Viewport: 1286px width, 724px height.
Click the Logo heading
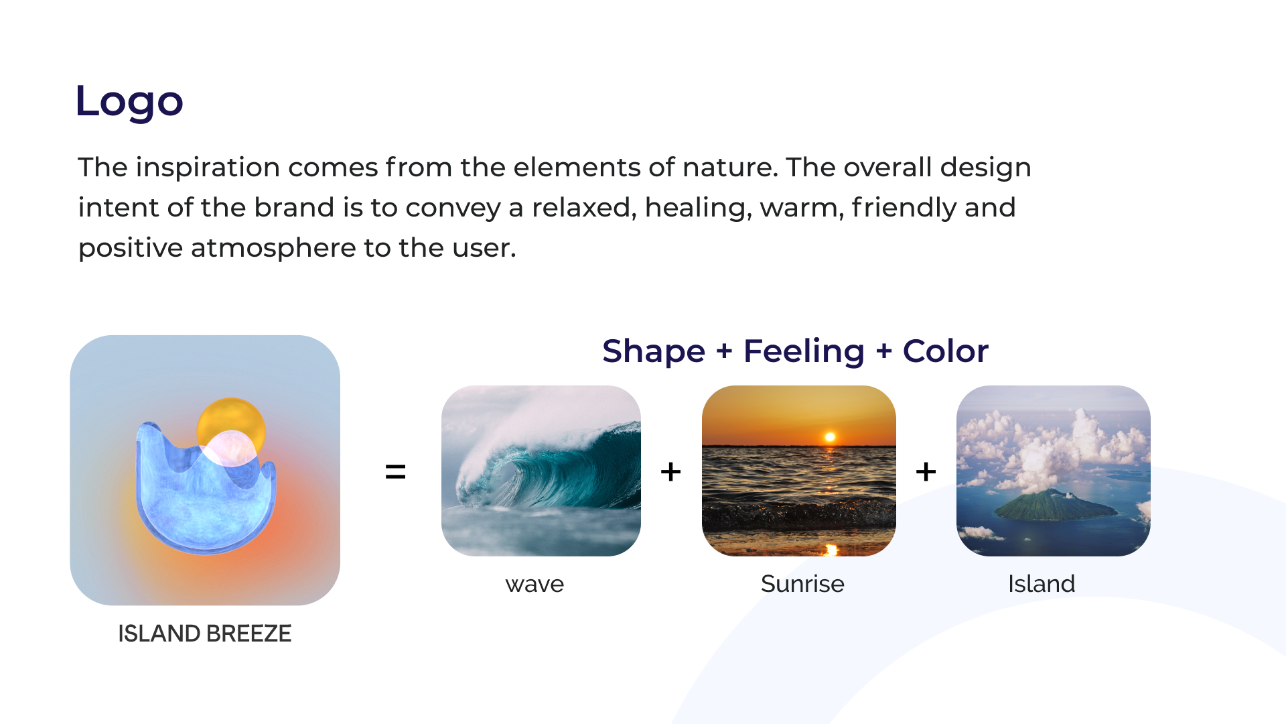(x=129, y=101)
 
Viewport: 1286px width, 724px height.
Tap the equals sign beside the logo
(x=396, y=472)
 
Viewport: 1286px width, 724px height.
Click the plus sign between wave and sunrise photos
(x=670, y=472)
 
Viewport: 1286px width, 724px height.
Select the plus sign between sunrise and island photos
(x=926, y=472)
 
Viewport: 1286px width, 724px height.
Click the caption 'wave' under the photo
(x=534, y=585)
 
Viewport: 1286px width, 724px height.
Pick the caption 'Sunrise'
(x=802, y=584)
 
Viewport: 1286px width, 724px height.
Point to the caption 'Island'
(x=1042, y=584)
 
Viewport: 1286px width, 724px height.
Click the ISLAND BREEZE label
(x=205, y=633)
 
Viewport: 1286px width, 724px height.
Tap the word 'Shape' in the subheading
(x=654, y=351)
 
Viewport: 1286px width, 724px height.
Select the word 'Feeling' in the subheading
(x=804, y=351)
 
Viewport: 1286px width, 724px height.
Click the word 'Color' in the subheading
(x=946, y=351)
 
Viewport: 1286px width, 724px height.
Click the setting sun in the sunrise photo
(x=830, y=437)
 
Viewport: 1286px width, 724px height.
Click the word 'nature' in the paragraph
(x=729, y=168)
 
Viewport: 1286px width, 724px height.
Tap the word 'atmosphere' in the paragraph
(x=273, y=248)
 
